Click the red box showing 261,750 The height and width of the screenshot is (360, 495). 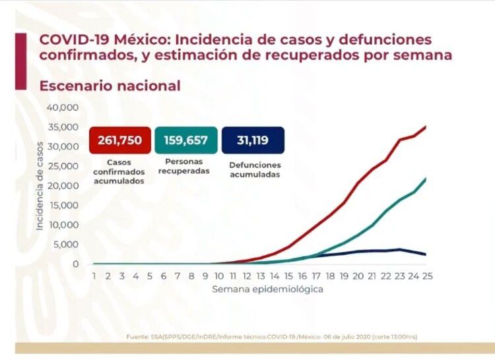(116, 140)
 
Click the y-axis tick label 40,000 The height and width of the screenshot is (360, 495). (63, 107)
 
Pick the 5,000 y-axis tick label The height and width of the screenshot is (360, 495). (67, 245)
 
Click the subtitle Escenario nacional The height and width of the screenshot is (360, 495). (110, 86)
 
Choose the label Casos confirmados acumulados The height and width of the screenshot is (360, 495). (115, 171)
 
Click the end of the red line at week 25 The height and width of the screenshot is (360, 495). (426, 126)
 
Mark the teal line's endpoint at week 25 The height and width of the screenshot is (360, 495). (426, 178)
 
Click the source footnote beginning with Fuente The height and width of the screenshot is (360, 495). (271, 337)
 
